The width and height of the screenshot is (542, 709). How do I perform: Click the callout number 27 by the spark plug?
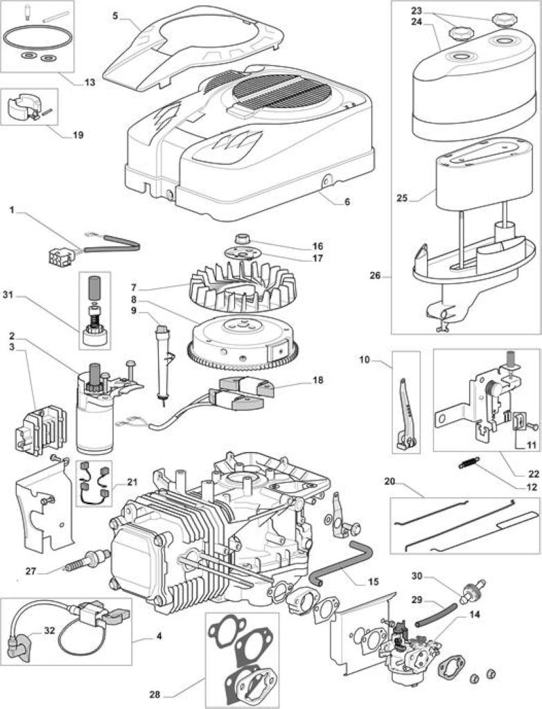click(30, 571)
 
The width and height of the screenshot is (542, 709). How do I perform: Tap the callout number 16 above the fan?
click(317, 246)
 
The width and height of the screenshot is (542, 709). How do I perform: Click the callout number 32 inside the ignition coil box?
click(49, 630)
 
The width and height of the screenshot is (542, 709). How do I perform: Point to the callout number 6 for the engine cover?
click(347, 201)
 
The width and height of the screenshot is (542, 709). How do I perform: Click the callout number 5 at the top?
click(116, 15)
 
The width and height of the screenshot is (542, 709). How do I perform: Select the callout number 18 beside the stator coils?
click(318, 380)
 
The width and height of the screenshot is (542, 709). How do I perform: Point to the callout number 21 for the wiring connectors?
click(132, 482)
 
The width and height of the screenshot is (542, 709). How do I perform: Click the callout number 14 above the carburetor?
click(475, 615)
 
